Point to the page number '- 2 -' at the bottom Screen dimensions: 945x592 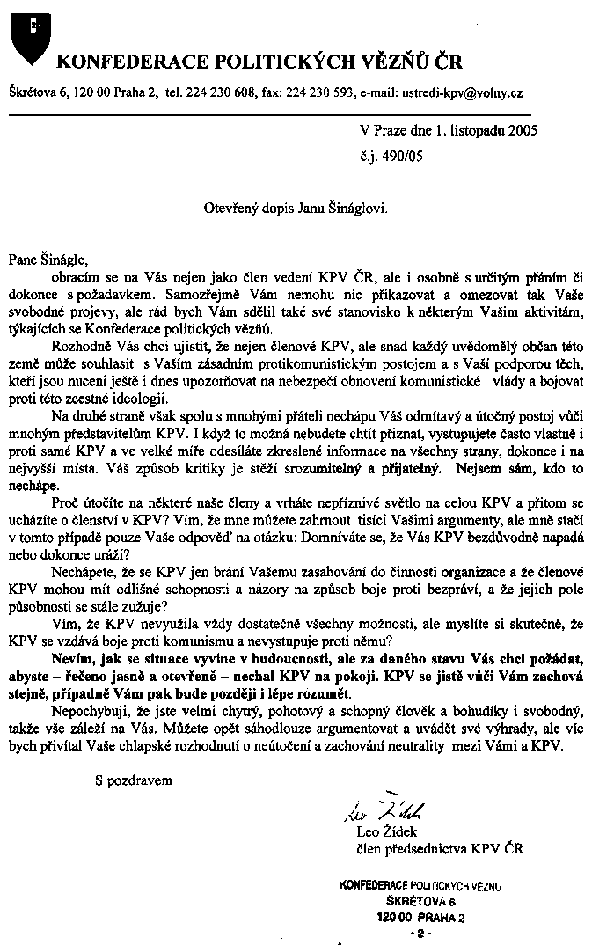[416, 931]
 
